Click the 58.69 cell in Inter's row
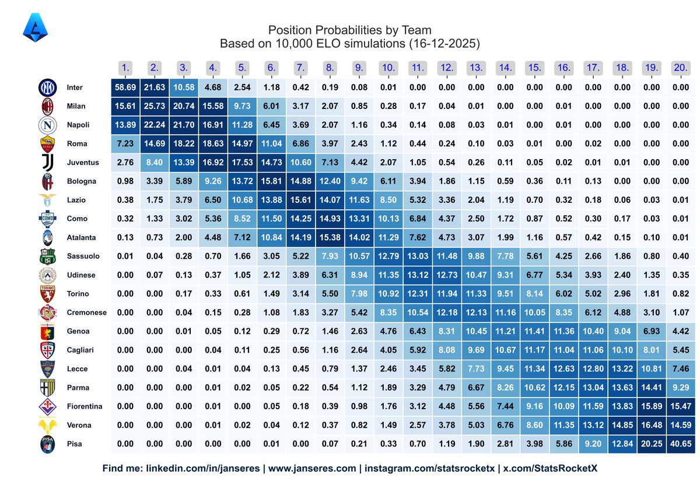click(125, 87)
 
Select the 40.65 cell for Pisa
click(680, 444)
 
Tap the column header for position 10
click(388, 68)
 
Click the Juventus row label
click(83, 163)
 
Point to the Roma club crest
click(47, 144)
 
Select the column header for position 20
click(680, 68)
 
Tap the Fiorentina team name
click(85, 406)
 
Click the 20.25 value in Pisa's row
click(651, 444)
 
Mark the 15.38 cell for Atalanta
click(330, 237)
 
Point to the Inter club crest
click(47, 87)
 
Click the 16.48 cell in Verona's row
click(651, 425)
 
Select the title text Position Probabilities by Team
click(350, 30)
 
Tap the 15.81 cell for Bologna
click(271, 181)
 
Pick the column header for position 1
click(125, 68)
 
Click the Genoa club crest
click(47, 331)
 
